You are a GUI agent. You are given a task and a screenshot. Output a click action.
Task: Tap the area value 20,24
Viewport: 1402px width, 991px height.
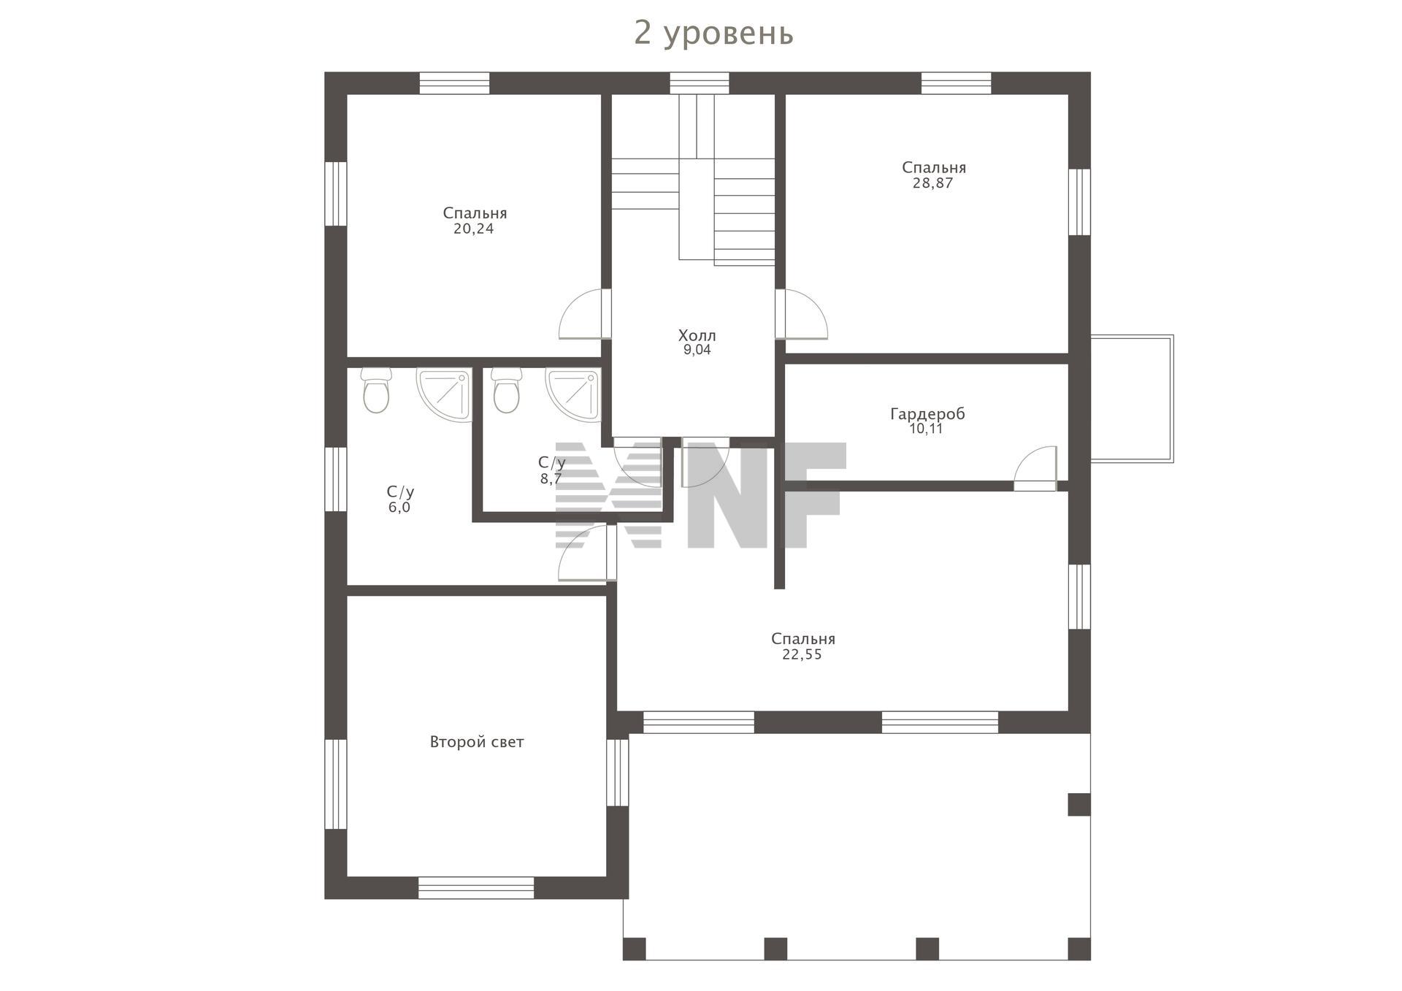(x=474, y=229)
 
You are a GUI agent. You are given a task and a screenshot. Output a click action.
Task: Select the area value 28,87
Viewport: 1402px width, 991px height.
(x=932, y=183)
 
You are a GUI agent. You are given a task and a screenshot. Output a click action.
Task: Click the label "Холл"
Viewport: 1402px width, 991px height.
(x=697, y=335)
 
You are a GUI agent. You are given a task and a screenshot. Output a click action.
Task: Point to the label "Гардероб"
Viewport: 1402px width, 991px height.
(x=927, y=414)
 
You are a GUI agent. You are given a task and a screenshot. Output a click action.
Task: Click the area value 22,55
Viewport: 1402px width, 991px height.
(x=802, y=654)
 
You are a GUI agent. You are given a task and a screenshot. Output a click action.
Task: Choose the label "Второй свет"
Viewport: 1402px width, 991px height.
(x=477, y=742)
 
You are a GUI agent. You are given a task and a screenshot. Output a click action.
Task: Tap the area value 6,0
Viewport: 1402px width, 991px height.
(x=399, y=508)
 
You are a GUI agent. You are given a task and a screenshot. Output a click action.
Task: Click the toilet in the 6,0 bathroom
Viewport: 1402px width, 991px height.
(x=376, y=390)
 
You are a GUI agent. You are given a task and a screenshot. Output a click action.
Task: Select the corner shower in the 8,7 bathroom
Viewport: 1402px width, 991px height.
(x=574, y=395)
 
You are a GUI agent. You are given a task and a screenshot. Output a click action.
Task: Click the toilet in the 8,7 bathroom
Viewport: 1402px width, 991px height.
(x=506, y=390)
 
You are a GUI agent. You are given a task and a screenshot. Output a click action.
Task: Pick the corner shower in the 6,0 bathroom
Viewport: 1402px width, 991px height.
(x=445, y=395)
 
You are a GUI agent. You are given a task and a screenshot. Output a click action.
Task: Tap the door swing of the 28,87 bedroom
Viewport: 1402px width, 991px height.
(x=802, y=314)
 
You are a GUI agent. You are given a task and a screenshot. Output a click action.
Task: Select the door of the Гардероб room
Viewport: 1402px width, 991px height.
(x=1035, y=468)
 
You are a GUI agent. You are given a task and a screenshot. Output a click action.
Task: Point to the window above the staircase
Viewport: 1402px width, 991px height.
(x=700, y=83)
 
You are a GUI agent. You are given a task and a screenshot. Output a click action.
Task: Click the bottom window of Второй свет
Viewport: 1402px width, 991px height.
(x=476, y=888)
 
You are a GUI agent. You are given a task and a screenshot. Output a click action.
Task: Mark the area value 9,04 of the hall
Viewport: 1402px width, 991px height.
(x=697, y=350)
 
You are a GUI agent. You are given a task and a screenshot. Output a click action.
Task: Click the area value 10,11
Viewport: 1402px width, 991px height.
(x=926, y=429)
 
